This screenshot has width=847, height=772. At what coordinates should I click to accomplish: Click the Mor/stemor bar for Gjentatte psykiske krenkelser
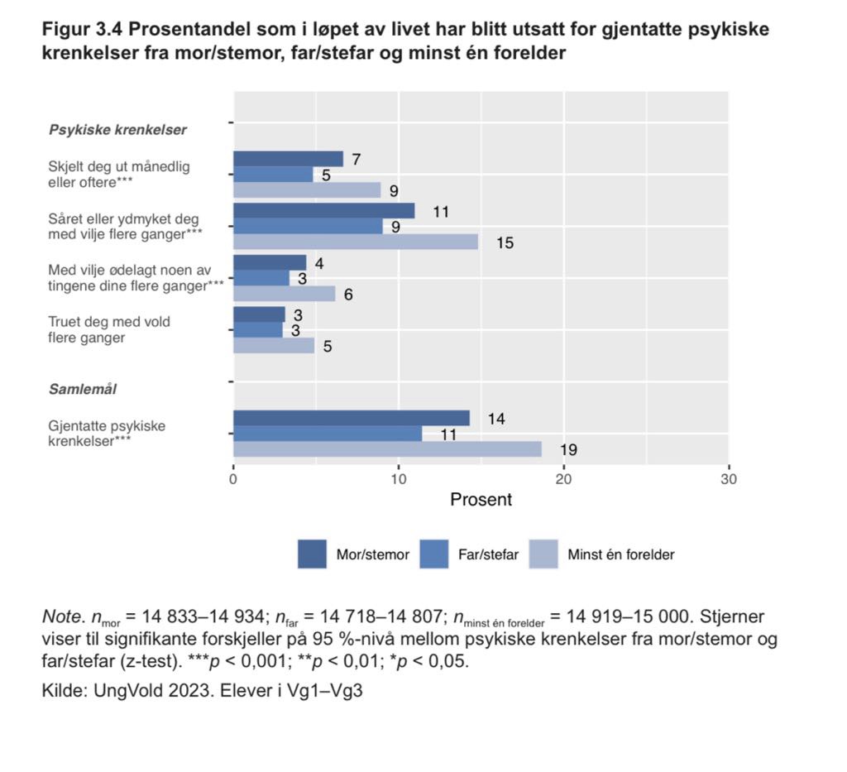(x=351, y=418)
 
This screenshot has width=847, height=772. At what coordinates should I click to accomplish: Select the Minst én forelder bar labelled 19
(x=387, y=448)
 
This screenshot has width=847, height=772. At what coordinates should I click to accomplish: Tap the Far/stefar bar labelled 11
(x=327, y=434)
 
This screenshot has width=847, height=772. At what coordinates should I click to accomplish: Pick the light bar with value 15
(x=355, y=242)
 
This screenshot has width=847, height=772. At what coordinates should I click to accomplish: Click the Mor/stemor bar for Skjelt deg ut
(x=288, y=159)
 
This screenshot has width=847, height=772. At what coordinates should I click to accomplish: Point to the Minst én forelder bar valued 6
(x=284, y=293)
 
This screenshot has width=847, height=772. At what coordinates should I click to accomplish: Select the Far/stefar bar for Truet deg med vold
(x=257, y=329)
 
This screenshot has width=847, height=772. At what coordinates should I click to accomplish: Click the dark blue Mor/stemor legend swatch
(x=312, y=554)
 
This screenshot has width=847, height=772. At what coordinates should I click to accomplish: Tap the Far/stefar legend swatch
(x=434, y=554)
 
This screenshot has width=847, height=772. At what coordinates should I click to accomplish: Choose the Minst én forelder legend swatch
(x=543, y=554)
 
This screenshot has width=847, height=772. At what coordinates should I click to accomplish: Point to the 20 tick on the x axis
(x=563, y=478)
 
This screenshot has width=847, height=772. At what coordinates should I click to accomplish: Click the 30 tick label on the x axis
(x=728, y=478)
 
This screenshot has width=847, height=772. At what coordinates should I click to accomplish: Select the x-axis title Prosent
(x=481, y=500)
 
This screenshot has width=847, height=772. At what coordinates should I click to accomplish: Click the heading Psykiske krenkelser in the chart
(x=117, y=130)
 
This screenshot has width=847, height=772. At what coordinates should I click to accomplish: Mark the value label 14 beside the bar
(x=496, y=419)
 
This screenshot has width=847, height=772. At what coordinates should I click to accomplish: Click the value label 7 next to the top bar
(x=357, y=160)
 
